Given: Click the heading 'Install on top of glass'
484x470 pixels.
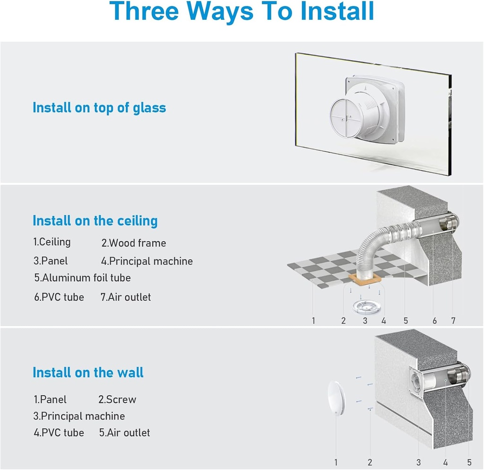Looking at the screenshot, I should pos(99,108).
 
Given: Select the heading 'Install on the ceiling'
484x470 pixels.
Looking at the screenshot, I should pos(95,221).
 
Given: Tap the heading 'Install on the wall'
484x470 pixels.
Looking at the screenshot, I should pos(88,373).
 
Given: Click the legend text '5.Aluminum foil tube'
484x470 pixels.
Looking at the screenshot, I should pos(82,278).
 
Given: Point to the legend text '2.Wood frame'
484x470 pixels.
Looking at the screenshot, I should pos(134,244).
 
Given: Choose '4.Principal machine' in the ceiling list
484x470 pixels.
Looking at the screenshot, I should pos(147,261).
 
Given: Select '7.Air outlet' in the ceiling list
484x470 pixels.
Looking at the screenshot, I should pos(126,297).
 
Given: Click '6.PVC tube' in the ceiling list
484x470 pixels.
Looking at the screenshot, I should pos(59,297).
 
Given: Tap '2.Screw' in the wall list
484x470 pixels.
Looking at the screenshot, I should pos(117,400).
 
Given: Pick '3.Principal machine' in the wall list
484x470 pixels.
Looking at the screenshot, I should pos(79,417).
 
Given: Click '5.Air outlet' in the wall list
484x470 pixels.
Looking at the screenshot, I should pos(125,433).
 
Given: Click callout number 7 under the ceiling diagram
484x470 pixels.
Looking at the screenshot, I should pos(453,321).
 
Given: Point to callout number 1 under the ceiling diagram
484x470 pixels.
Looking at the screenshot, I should pos(313,321).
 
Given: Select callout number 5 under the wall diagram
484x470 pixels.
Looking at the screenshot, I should pos(469,462).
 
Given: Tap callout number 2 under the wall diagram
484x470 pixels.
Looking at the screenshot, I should pos(370,462).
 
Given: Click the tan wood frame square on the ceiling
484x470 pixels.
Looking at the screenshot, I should pos(364,280).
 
